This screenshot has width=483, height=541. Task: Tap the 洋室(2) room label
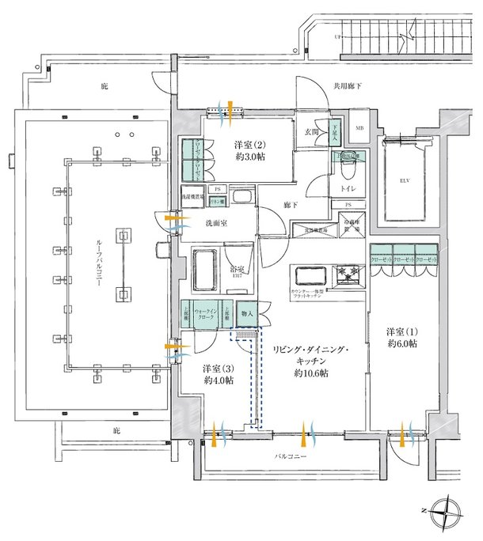click(248, 146)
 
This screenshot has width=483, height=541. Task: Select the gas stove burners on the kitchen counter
click(347, 276)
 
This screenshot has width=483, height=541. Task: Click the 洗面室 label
click(216, 224)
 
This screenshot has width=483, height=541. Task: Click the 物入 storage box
click(246, 314)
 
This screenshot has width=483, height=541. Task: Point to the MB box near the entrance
click(359, 128)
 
